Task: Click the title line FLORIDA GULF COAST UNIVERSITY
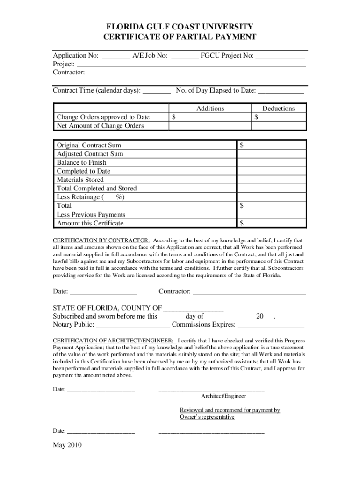180,27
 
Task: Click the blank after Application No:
116,56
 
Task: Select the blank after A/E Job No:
185,56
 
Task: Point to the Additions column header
210,109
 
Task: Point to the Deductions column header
278,109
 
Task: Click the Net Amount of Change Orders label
100,126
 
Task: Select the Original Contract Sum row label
89,145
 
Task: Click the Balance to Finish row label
81,163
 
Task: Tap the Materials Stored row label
80,180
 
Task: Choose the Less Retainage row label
90,197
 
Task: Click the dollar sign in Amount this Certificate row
242,223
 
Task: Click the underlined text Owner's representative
207,417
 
